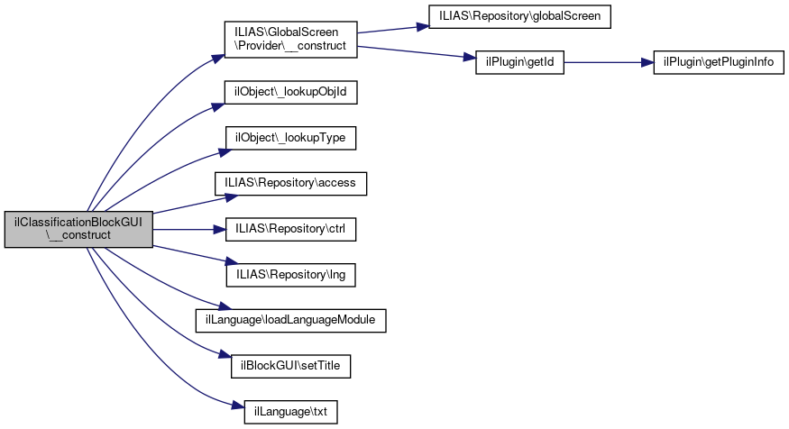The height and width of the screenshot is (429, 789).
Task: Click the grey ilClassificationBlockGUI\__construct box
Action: click(78, 229)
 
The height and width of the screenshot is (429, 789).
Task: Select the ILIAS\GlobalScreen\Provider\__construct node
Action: click(291, 40)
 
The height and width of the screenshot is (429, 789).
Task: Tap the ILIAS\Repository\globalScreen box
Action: click(519, 16)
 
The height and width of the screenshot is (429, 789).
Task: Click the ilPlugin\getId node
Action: click(519, 62)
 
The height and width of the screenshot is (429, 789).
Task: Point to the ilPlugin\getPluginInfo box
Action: click(719, 62)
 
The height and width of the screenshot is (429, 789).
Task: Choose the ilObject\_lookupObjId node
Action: click(291, 93)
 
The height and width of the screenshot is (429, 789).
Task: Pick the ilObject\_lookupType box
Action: click(291, 138)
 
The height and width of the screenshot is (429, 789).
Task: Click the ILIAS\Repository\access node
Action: click(291, 184)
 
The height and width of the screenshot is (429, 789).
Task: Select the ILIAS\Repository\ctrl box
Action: click(291, 229)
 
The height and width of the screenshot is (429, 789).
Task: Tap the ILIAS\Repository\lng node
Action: click(291, 275)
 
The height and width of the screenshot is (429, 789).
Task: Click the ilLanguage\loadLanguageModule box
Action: click(291, 320)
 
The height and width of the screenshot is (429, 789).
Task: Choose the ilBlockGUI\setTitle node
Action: click(291, 366)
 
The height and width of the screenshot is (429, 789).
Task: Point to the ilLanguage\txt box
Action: click(291, 412)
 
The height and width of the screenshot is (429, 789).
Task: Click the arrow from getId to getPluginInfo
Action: click(609, 62)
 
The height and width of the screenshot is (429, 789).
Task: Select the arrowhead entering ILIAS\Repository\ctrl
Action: click(219, 229)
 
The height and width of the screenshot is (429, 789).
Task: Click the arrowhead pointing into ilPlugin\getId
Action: click(470, 58)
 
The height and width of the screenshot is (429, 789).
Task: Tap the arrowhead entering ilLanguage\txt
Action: click(239, 405)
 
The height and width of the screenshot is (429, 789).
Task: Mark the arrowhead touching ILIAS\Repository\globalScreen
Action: click(422, 26)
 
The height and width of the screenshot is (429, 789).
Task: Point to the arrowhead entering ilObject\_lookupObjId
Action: click(218, 106)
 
